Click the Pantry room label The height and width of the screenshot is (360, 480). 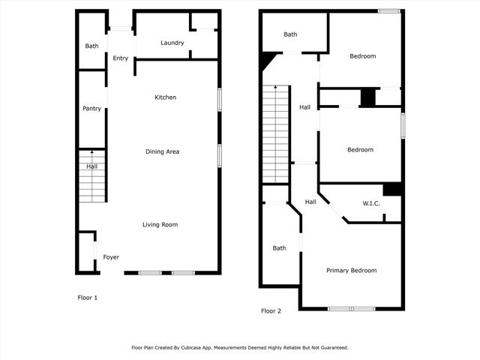coord(91,109)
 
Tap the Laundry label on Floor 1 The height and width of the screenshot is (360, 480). coord(172,43)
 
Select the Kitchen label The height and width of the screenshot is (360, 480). coord(165,97)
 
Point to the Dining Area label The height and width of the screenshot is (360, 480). coord(162,151)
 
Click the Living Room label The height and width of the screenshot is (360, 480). coord(160,224)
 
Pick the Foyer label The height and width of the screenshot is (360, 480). coord(111,257)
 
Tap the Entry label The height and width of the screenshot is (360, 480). coord(121,58)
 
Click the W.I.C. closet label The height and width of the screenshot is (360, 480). coord(372,203)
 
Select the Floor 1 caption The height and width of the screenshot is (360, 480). coord(88,298)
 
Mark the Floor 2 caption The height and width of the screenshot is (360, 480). coord(271,310)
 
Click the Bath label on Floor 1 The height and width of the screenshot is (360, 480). coord(91,46)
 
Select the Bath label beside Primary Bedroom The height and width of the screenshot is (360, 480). coord(280,248)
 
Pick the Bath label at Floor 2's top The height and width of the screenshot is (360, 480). coord(290,34)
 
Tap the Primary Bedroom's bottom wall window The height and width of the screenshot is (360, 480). coord(352,309)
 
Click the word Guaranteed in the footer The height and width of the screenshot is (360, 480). coord(330,348)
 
